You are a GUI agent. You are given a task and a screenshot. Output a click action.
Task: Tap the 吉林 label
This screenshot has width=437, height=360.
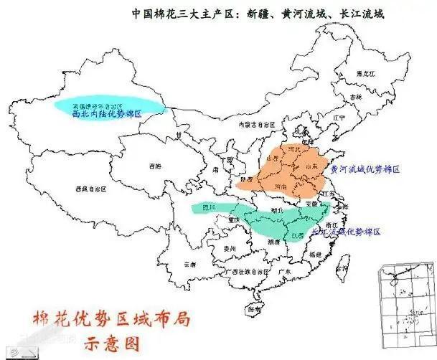tap(352, 96)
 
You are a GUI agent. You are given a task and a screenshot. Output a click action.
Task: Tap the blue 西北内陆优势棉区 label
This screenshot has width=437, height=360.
tap(108, 114)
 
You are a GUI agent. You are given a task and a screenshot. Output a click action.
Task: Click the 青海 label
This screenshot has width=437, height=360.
tap(155, 166)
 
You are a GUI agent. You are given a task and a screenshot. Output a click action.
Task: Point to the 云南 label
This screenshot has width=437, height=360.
tap(189, 264)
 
